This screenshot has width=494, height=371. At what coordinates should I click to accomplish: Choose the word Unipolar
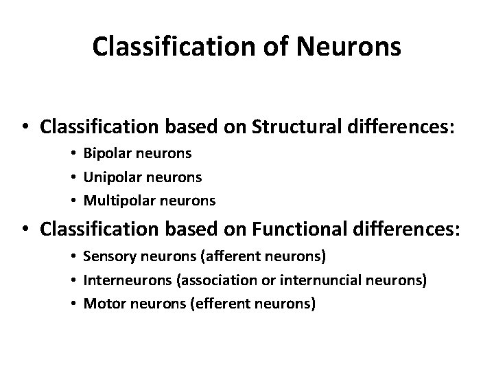110,178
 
